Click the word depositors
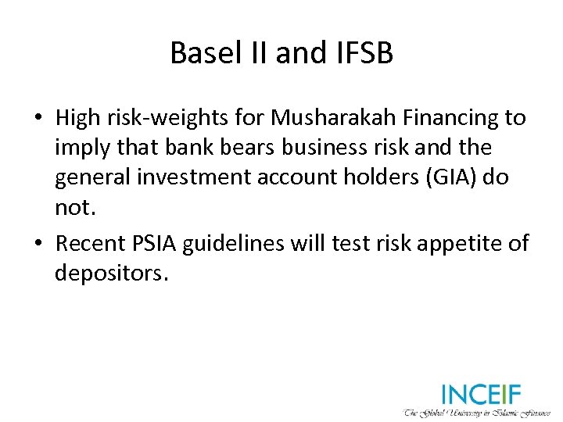[111, 274]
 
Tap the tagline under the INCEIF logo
[477, 411]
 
